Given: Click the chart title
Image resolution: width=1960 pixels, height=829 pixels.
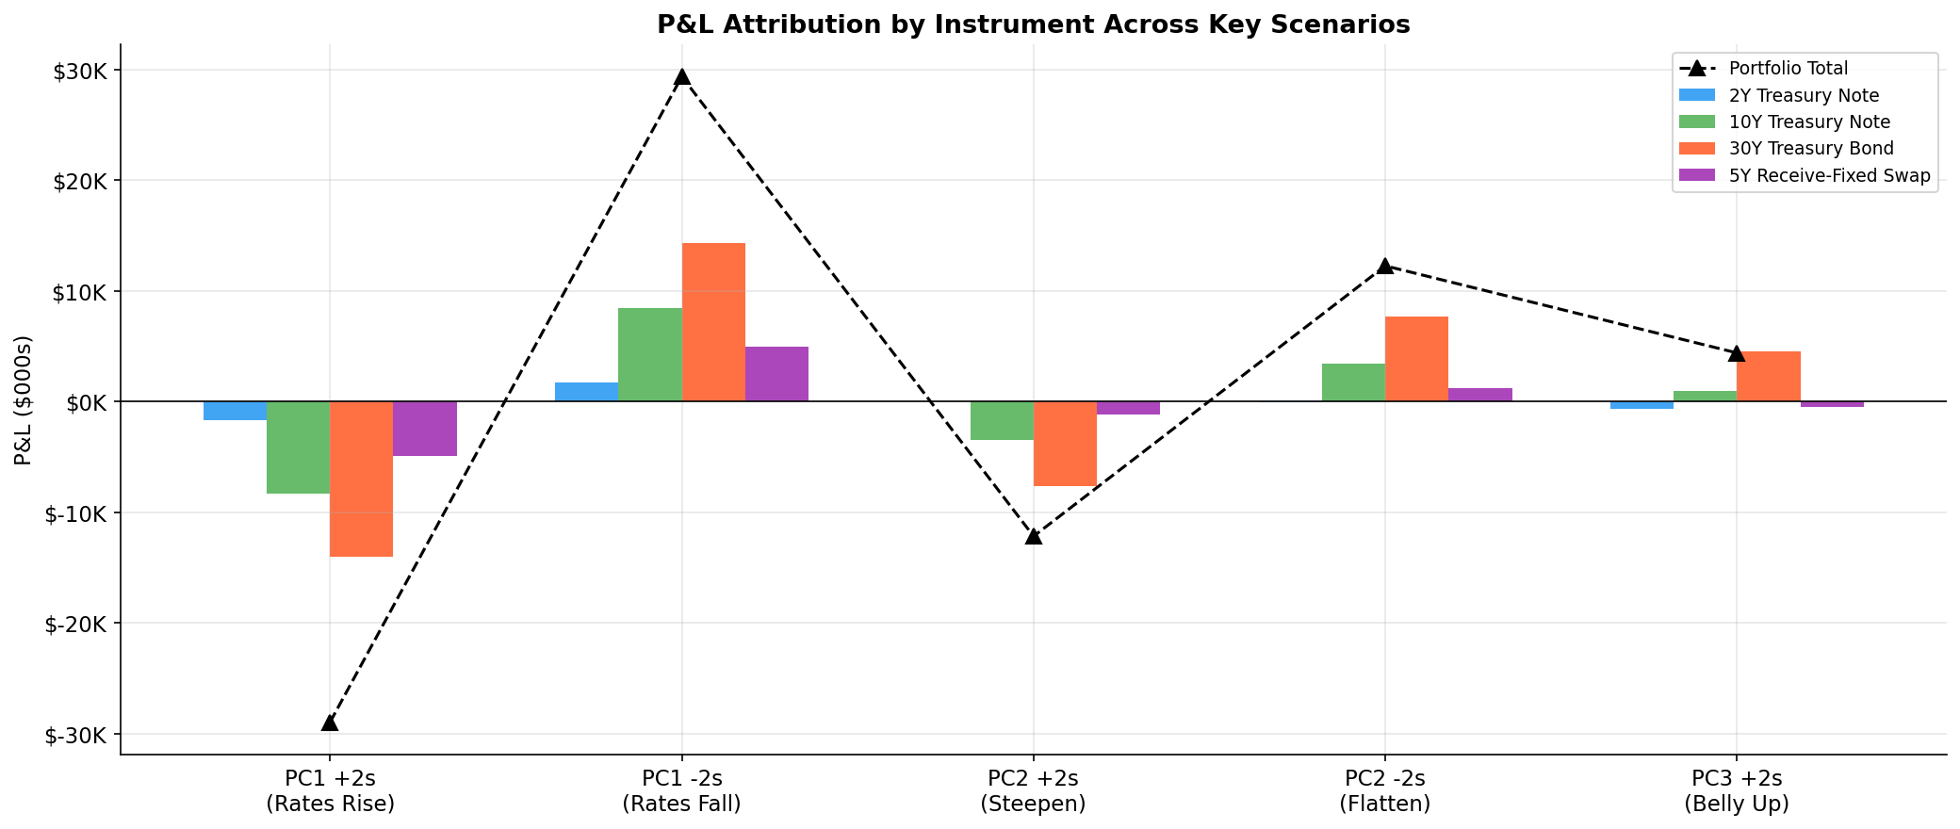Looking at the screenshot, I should pyautogui.click(x=1033, y=24).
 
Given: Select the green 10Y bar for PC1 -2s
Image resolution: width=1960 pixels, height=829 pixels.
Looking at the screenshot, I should pyautogui.click(x=650, y=354).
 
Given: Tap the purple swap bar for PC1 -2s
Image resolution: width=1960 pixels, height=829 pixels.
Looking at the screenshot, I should pyautogui.click(x=776, y=374).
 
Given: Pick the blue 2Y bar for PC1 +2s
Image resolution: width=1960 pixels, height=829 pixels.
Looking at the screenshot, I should pyautogui.click(x=235, y=411).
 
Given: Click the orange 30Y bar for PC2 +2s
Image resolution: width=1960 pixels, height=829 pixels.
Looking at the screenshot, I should pyautogui.click(x=1065, y=444).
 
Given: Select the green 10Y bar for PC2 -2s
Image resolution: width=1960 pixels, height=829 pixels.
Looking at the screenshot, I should pyautogui.click(x=1353, y=382).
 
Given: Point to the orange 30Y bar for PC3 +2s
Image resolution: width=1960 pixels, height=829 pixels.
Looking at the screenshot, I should pyautogui.click(x=1768, y=377).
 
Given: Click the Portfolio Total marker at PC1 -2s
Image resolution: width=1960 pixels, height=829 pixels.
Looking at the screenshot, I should pyautogui.click(x=681, y=76).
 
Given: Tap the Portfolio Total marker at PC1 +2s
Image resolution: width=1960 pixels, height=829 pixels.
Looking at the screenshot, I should pyautogui.click(x=330, y=723).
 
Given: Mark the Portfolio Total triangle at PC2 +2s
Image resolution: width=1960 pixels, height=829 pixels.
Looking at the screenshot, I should pyautogui.click(x=1034, y=535).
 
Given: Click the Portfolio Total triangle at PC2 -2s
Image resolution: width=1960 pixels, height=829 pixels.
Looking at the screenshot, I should pyautogui.click(x=1385, y=266).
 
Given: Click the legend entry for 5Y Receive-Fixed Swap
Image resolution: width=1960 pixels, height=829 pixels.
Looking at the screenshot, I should pyautogui.click(x=1829, y=175).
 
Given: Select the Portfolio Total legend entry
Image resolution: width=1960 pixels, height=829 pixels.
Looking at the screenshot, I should pyautogui.click(x=1788, y=69).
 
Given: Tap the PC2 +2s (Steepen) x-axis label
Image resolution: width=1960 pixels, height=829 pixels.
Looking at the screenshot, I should pyautogui.click(x=1033, y=791).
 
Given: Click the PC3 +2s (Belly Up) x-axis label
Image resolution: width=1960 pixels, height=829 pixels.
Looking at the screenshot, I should pyautogui.click(x=1737, y=791).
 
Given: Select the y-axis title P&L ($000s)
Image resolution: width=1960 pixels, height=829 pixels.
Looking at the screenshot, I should pyautogui.click(x=24, y=400).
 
